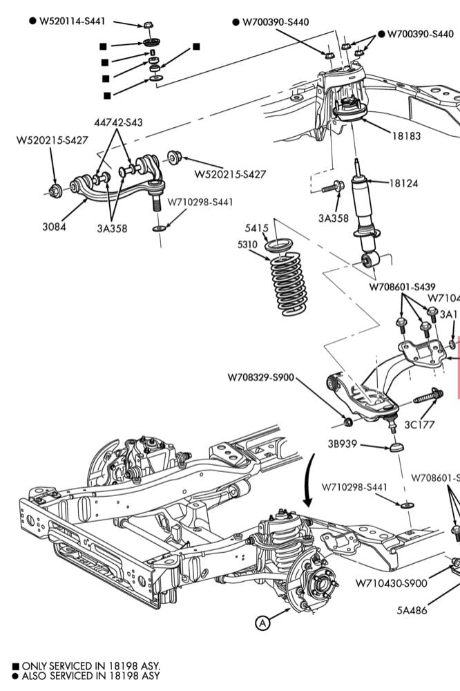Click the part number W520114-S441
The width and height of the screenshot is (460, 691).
[72, 21]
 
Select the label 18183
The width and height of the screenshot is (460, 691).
[406, 136]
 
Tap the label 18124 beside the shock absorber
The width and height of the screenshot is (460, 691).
[403, 183]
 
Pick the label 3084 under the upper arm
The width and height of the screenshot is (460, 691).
[53, 226]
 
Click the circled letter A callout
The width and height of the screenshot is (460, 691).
[262, 623]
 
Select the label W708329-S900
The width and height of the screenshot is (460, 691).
[260, 378]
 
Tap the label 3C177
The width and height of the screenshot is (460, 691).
[419, 424]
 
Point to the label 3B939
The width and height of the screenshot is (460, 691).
[343, 444]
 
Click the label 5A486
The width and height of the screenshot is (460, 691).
[412, 609]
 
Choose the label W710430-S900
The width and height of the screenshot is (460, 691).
[391, 583]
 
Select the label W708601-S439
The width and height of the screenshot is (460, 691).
[402, 287]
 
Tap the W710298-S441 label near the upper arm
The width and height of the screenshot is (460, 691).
[200, 202]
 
